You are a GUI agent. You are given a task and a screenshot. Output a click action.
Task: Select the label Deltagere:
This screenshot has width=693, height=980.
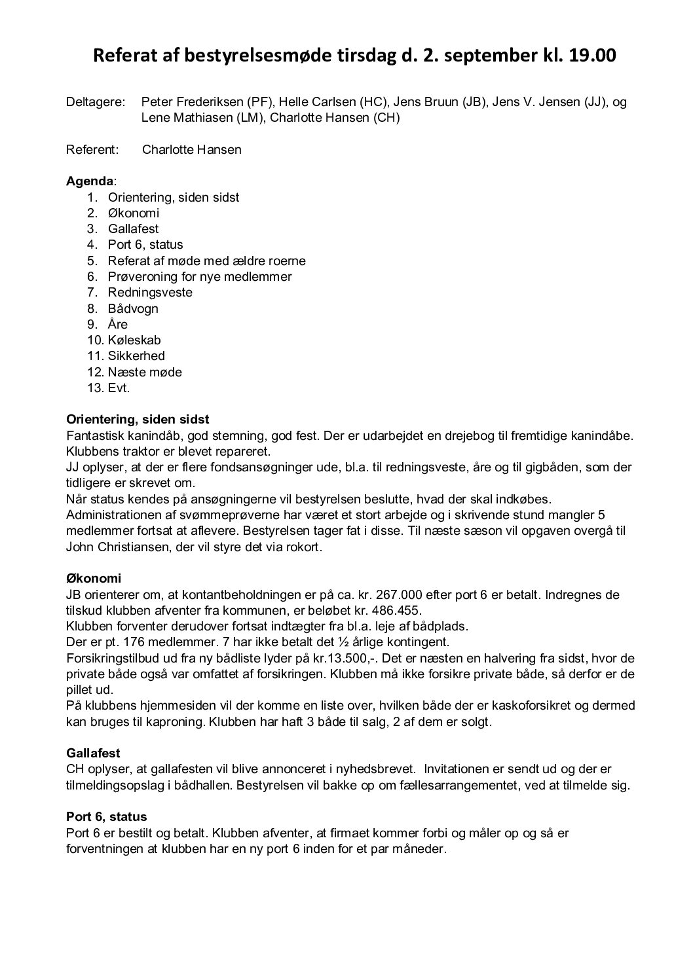coord(95,102)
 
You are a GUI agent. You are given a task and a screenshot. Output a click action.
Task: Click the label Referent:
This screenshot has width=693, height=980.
coord(92,149)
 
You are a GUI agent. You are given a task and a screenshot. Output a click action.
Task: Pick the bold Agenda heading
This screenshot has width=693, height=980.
coord(90,181)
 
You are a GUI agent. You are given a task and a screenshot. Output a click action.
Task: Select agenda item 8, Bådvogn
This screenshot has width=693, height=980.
coord(133,308)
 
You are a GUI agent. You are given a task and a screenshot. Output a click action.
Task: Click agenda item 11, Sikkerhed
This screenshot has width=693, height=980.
coord(136,356)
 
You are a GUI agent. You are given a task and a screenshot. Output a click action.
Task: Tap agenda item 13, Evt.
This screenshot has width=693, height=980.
coord(119,388)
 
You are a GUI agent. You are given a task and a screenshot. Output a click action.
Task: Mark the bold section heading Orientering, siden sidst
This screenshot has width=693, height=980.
coord(138,420)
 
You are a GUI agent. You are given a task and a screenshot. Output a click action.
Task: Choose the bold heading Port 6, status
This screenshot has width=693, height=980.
coord(106,817)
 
